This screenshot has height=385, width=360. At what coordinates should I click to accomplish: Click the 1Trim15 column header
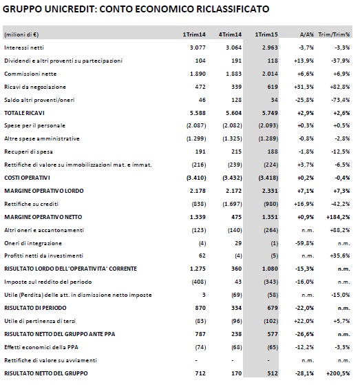click(266, 34)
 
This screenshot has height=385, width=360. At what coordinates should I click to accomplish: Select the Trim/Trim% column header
click(334, 34)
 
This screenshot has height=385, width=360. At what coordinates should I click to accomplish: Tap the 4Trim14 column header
click(230, 34)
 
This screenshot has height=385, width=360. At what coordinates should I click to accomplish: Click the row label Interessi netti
click(24, 48)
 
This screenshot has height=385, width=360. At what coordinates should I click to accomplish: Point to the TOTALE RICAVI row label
click(24, 113)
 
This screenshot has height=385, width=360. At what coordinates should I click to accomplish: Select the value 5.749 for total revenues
click(270, 113)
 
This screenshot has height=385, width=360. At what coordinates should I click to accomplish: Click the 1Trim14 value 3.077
click(198, 48)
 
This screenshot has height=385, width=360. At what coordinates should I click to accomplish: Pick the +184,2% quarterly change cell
click(338, 217)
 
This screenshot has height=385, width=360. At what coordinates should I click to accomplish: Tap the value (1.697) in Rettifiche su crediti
click(232, 204)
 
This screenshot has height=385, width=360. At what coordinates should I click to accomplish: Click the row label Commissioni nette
click(30, 74)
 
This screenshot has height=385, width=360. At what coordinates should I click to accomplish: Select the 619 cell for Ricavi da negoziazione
click(273, 87)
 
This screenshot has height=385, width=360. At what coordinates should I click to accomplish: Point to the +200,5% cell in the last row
click(338, 373)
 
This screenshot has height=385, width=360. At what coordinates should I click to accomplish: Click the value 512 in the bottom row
click(273, 373)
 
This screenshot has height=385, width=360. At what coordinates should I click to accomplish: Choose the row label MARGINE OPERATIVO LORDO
click(44, 191)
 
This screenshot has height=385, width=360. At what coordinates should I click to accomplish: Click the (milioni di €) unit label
click(21, 34)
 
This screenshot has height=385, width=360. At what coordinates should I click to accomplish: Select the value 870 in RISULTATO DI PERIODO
click(200, 308)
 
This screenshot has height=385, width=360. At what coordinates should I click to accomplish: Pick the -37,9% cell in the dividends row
click(340, 61)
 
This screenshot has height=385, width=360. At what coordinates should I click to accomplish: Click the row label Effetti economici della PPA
click(41, 347)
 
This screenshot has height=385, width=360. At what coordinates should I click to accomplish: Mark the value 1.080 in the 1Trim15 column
click(270, 269)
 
